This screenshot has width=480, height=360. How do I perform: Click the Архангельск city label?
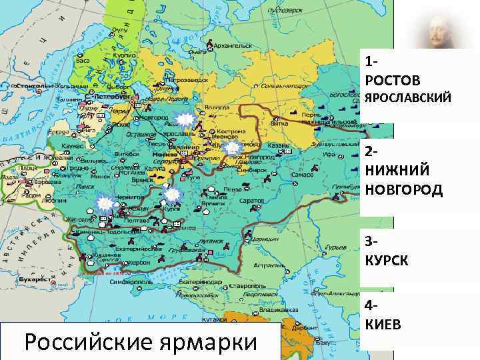coord(234,46)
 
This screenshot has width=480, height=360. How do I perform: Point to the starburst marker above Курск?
coord(172,195)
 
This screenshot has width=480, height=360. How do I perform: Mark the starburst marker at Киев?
coord(103,205)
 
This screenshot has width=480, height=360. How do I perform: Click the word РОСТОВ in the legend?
coord(393,81)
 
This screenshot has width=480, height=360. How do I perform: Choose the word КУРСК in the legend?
coord(386,259)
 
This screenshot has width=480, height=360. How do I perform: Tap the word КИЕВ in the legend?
coord(383,324)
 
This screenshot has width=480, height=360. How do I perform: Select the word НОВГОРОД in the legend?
coord(403,189)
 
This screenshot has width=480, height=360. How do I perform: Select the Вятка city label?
coord(279,123)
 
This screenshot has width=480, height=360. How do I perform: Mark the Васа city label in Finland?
coord(83,60)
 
